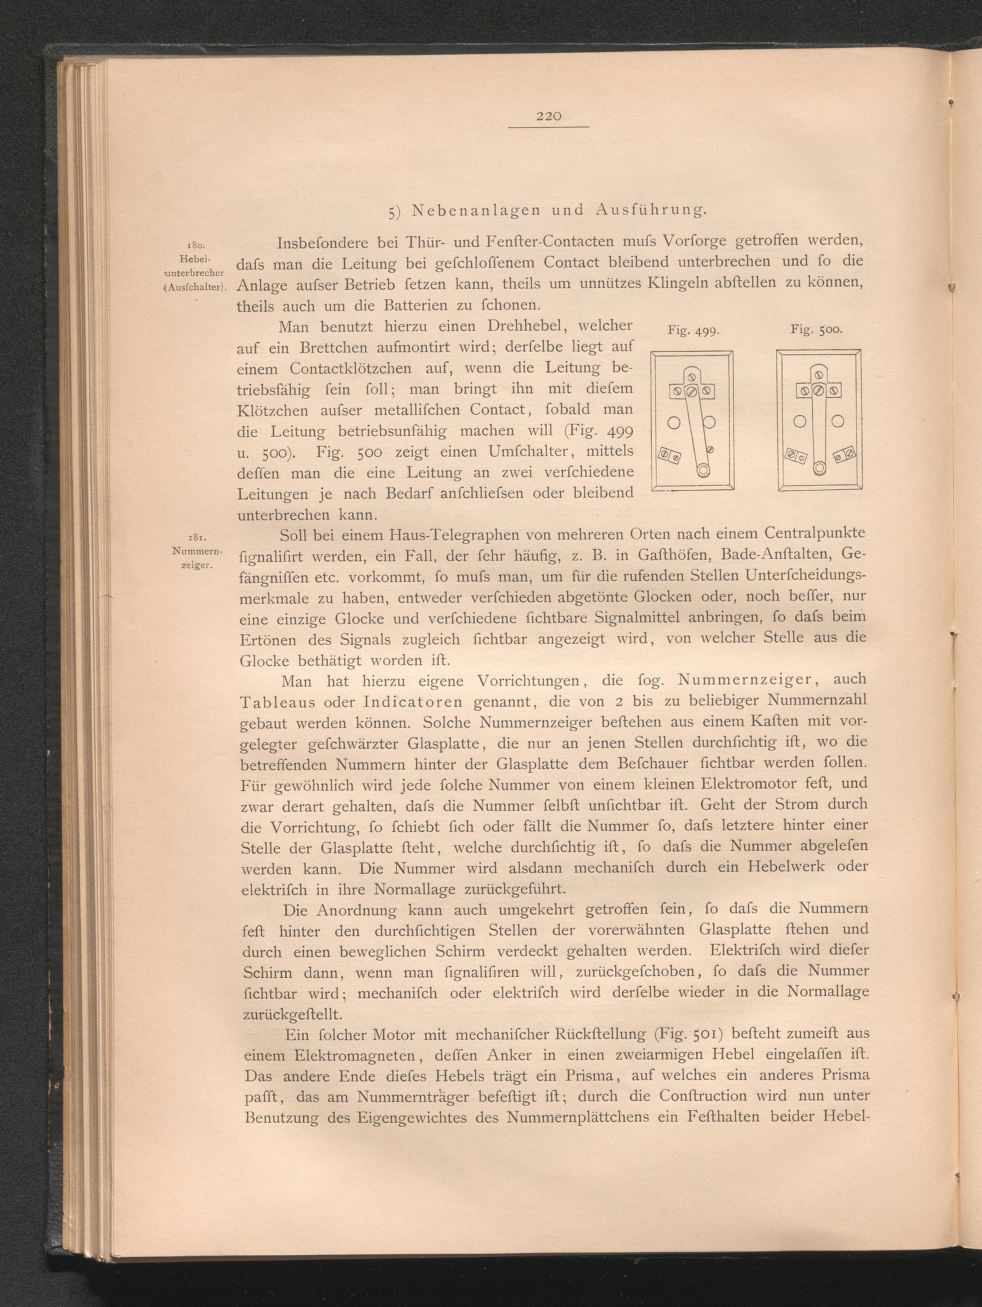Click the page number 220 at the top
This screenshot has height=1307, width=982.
click(x=549, y=117)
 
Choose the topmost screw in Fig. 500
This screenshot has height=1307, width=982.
click(x=818, y=375)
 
